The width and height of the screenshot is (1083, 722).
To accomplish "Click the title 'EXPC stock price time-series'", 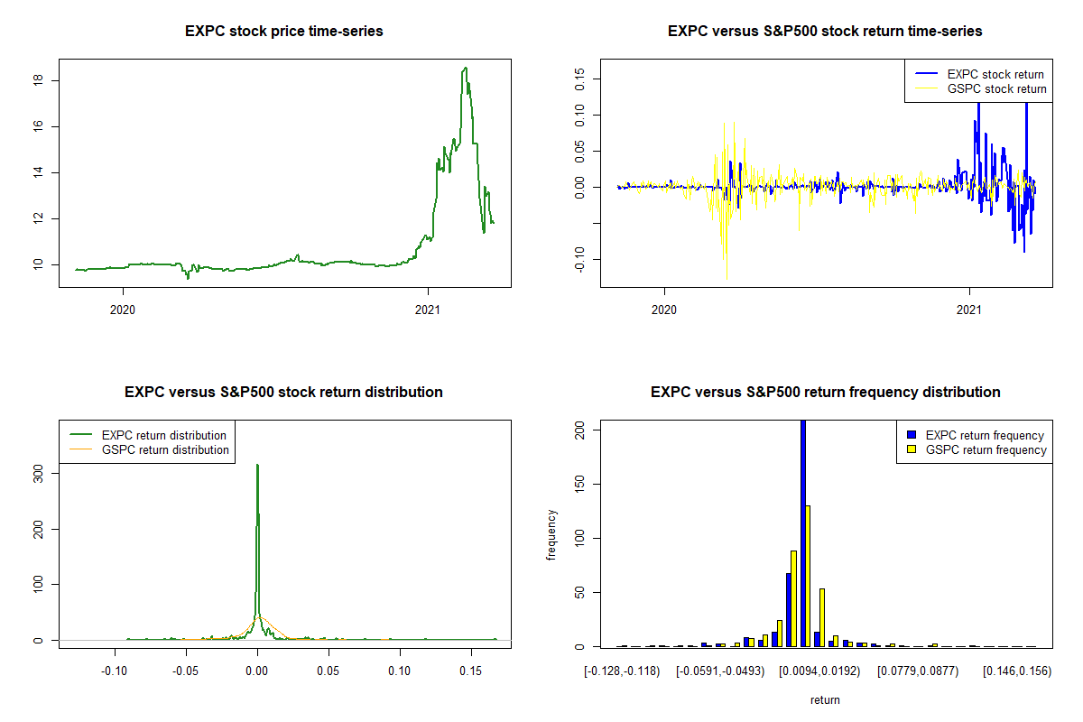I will click(283, 32).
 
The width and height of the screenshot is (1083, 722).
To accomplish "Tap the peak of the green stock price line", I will click(465, 69).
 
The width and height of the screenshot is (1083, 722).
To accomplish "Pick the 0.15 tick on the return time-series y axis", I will click(579, 78).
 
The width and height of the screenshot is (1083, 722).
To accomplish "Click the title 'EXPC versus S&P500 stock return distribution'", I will click(283, 393).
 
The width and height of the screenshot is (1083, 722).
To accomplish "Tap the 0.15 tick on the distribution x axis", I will click(470, 671).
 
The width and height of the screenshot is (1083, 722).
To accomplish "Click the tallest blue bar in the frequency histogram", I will click(803, 532).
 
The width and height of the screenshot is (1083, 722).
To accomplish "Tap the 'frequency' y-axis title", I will click(552, 534).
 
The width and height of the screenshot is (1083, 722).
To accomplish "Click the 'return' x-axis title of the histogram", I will click(825, 699).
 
